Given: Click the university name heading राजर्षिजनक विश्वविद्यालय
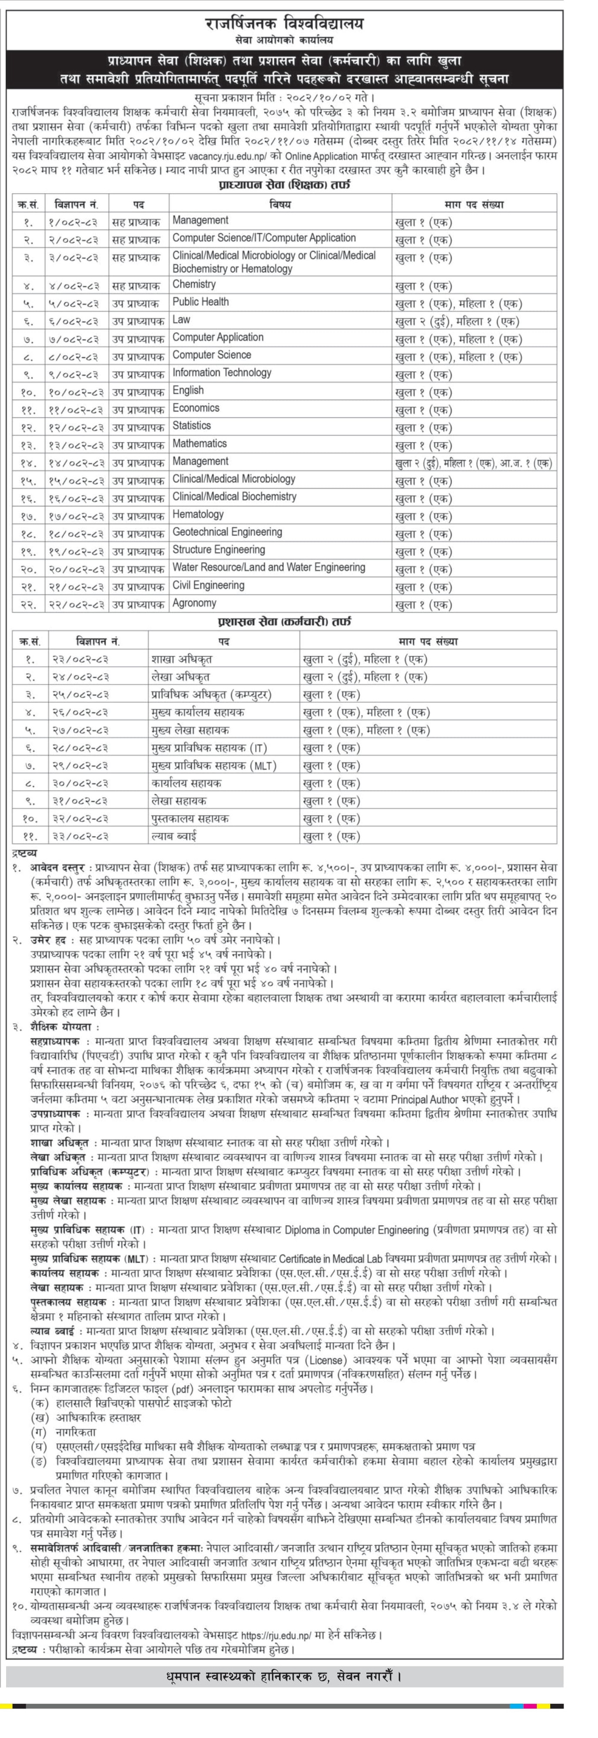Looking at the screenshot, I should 284,24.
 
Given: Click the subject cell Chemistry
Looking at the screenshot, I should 194,285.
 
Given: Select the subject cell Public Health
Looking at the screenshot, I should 200,302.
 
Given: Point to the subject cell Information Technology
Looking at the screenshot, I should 221,373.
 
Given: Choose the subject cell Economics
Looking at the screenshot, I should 196,408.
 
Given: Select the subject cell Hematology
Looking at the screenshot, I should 198,515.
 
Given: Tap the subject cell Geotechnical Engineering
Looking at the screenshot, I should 227,532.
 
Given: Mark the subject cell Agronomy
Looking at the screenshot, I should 194,603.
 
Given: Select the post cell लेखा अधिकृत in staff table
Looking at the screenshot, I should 180,677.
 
